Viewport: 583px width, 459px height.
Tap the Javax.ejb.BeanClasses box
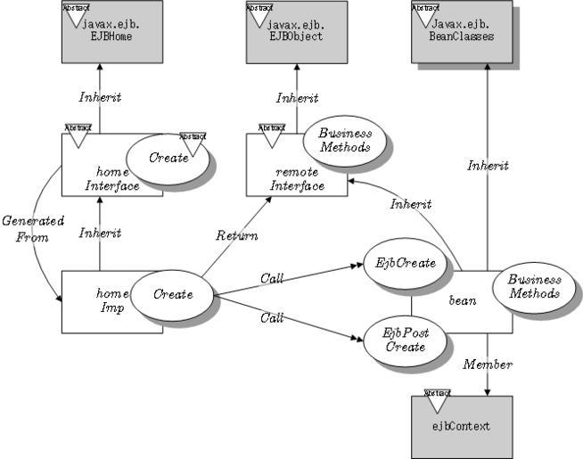[463, 32]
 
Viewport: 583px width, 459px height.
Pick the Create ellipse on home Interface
[168, 159]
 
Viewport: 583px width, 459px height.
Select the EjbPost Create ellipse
[406, 340]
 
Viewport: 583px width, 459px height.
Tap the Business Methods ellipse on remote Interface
[344, 141]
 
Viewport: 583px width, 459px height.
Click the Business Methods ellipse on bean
[534, 286]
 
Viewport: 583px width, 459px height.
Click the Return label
[236, 236]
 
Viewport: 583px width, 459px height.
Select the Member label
[488, 365]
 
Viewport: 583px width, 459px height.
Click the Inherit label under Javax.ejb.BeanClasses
[488, 166]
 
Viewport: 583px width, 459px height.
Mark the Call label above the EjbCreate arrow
[272, 279]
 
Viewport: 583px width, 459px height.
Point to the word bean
[463, 301]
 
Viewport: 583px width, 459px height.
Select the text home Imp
[107, 299]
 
